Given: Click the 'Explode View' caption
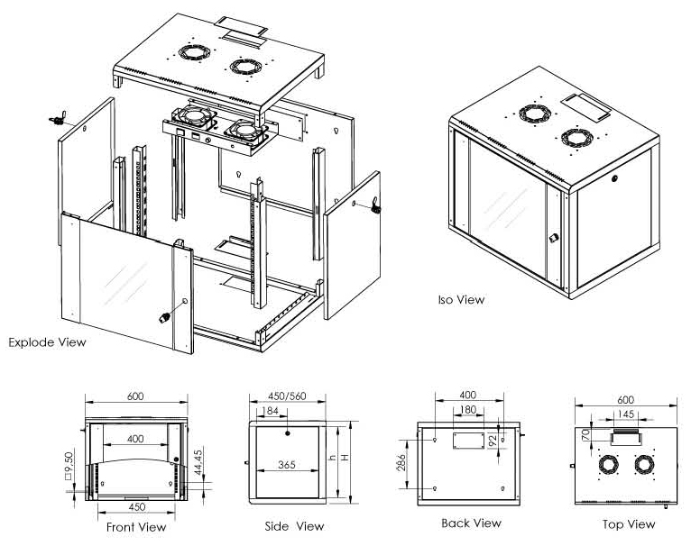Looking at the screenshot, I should [47, 342].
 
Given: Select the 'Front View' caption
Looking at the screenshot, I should [136, 527].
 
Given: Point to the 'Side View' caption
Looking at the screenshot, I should [293, 526].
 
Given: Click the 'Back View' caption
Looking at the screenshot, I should [471, 523].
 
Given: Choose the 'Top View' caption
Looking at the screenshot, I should [629, 523].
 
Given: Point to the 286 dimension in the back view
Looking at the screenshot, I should [402, 463].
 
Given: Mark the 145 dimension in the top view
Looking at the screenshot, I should [626, 414].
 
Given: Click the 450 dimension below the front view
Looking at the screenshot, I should [136, 507].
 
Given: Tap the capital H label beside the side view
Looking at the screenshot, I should [345, 459].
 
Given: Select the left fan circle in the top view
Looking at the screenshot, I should [608, 464].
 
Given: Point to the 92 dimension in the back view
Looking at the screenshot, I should [494, 441].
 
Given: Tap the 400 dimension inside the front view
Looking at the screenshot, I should [135, 438].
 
